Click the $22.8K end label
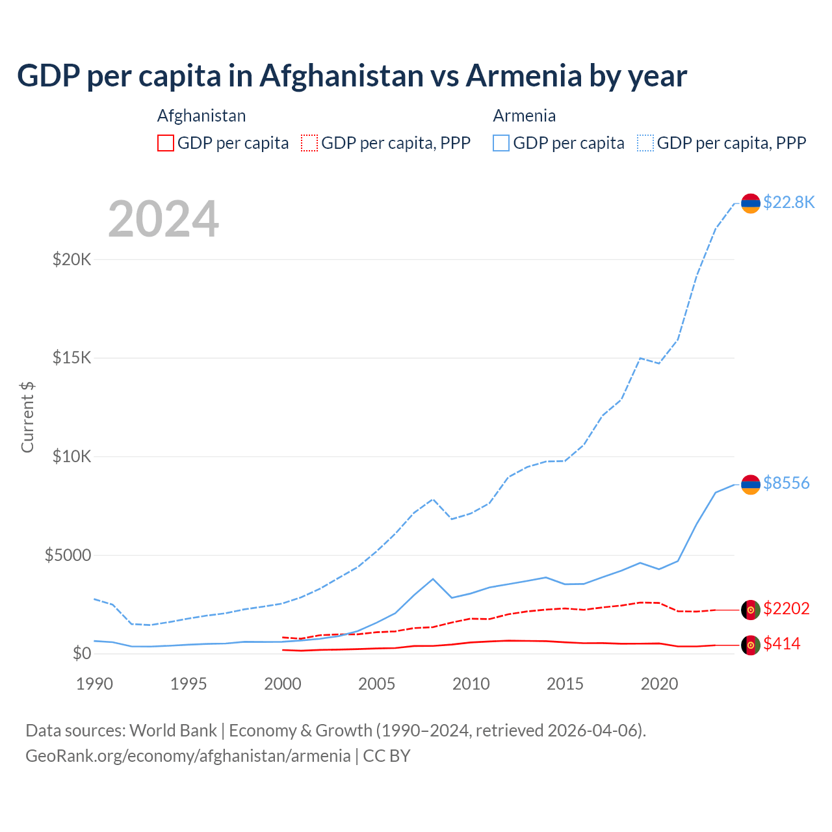(788, 202)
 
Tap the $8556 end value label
(786, 483)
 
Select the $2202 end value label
(786, 608)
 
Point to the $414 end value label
(781, 643)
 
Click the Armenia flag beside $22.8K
(751, 203)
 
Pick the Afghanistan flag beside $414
(751, 645)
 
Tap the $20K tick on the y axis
(71, 259)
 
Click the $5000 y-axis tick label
(68, 555)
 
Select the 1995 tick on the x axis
(188, 684)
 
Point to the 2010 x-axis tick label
(471, 684)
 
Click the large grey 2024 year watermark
(163, 219)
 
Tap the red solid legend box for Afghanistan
(166, 143)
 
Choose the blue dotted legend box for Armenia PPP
(645, 143)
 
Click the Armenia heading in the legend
(524, 116)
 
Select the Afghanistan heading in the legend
(201, 116)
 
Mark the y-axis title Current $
(27, 417)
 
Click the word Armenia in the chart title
(524, 75)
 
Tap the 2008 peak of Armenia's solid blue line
(433, 578)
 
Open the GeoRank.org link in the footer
(188, 756)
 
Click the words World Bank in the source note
(173, 731)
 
